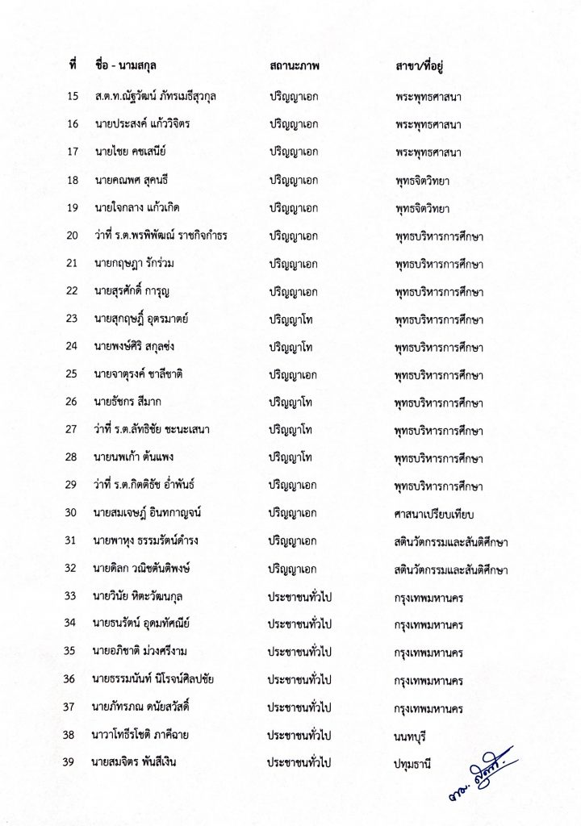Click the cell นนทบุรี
tap(413, 736)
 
